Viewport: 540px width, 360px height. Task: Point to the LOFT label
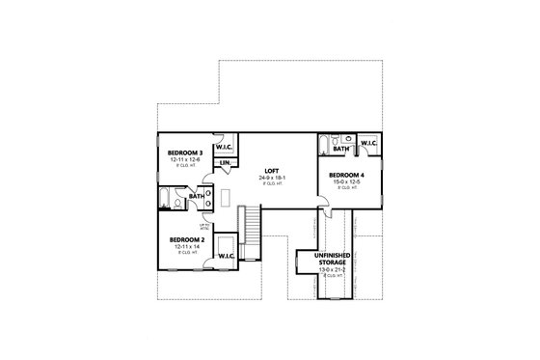[270, 170]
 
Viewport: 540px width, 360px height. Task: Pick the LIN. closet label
[225, 163]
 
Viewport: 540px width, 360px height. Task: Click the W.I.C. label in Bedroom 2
[227, 256]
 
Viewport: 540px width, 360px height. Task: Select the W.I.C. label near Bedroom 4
[368, 144]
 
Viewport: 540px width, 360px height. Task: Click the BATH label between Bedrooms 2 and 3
[197, 197]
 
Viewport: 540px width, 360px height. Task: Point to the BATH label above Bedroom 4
[340, 150]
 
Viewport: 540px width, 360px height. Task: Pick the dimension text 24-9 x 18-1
[270, 178]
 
